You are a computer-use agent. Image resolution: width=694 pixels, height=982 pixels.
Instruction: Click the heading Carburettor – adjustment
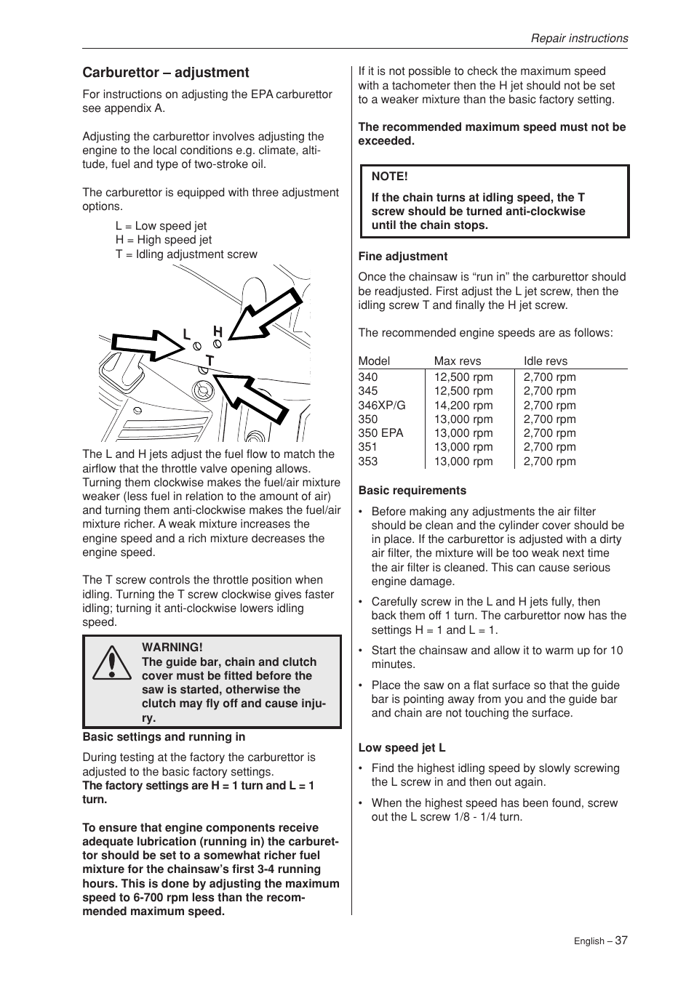click(x=165, y=73)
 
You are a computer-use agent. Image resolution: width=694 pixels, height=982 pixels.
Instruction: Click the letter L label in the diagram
click(x=186, y=334)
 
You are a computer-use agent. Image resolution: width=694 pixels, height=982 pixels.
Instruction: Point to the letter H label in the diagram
click(x=218, y=331)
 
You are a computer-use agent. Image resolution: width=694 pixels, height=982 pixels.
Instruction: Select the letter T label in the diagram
click(x=210, y=361)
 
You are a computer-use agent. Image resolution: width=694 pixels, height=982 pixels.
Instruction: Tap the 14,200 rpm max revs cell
click(x=463, y=406)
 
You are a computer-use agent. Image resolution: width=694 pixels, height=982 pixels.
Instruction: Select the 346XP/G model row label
click(x=382, y=406)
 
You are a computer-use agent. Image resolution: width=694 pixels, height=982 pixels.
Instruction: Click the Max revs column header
click(x=458, y=361)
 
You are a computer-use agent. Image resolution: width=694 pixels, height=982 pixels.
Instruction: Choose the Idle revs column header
click(x=546, y=361)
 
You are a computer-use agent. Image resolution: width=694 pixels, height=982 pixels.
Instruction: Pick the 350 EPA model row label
click(x=380, y=433)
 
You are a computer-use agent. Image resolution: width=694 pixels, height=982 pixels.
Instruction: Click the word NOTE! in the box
click(x=390, y=177)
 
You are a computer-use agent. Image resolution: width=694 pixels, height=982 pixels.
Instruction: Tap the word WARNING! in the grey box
click(x=172, y=648)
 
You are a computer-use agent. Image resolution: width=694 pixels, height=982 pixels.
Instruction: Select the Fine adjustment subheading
click(x=403, y=257)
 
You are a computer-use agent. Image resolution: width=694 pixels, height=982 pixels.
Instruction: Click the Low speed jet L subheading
click(x=402, y=748)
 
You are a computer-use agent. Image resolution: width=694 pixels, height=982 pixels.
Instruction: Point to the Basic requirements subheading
click(x=412, y=491)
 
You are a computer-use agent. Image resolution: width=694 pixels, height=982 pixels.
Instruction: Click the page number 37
click(x=621, y=940)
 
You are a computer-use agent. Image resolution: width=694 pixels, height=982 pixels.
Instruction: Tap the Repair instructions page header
click(x=579, y=39)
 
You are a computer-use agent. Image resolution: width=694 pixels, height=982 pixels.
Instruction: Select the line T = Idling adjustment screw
click(x=186, y=254)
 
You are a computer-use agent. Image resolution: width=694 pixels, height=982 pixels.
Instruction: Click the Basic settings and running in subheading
click(x=164, y=737)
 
